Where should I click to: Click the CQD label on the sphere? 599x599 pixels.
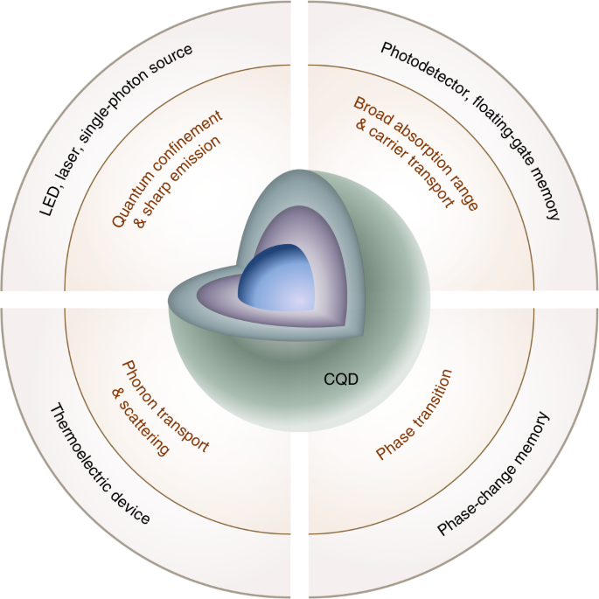(336, 380)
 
